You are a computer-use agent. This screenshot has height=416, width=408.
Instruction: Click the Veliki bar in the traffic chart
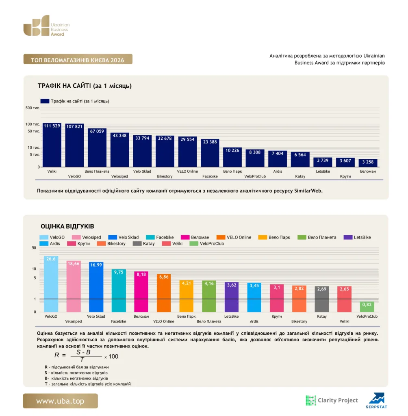tap(52, 145)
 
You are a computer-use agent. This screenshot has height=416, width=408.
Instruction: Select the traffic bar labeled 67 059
tap(97, 147)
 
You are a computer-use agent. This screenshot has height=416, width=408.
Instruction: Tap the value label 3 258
tap(368, 162)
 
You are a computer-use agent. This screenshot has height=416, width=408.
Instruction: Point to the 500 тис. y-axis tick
tap(33, 108)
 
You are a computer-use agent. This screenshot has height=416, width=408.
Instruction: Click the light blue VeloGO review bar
tap(51, 284)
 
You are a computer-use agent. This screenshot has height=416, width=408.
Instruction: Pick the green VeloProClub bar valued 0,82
tap(367, 307)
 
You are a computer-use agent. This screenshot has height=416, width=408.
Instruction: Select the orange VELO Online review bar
tap(164, 293)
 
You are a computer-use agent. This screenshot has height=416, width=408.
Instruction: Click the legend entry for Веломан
tap(195, 237)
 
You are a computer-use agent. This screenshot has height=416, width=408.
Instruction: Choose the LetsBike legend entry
tap(357, 237)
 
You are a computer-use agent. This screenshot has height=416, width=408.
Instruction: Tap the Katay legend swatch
tap(137, 244)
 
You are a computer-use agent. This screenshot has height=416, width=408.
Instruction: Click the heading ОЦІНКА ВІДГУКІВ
tap(67, 226)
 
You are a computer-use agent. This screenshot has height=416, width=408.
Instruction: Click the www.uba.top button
tap(60, 401)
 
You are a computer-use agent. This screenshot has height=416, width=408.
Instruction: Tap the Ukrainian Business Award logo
tap(46, 26)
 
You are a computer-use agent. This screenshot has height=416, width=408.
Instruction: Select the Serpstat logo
tap(376, 401)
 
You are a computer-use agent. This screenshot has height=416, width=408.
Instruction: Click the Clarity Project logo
tap(332, 400)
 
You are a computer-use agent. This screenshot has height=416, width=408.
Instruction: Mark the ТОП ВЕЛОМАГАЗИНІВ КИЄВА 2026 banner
tap(78, 59)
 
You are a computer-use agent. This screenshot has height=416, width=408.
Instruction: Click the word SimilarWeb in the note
tap(308, 191)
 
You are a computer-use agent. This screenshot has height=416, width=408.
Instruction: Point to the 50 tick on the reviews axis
tap(34, 248)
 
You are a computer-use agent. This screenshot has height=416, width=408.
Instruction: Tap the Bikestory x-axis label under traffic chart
tap(165, 176)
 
